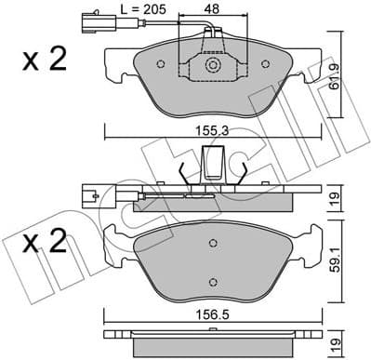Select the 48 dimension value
coord(213,10)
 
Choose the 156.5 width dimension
coord(213,314)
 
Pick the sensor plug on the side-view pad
coord(92,195)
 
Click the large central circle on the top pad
coord(213,66)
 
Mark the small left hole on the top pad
coord(162,64)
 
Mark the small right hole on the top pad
coord(264,64)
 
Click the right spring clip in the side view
coord(241,177)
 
